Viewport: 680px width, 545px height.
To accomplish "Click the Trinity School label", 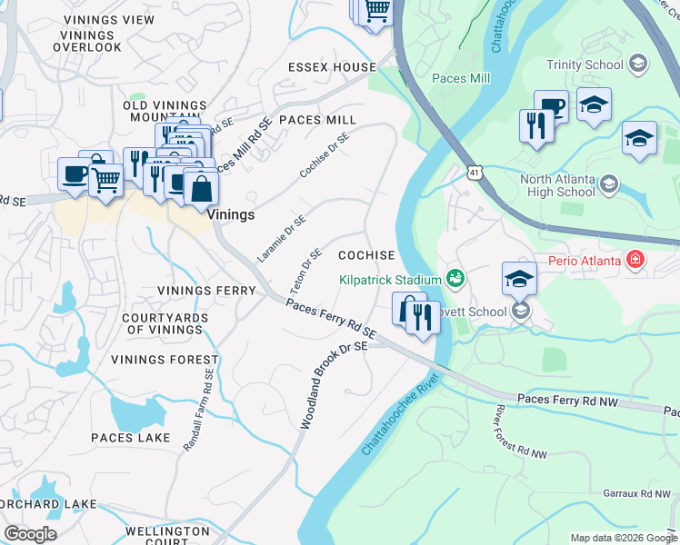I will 585,64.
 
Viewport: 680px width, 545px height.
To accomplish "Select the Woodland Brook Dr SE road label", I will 333,385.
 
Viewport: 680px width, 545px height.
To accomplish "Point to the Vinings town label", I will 230,215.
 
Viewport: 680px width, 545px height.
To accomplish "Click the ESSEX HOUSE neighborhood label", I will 332,67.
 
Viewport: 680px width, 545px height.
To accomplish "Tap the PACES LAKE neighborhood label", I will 130,438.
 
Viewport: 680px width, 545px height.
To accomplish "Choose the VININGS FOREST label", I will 165,360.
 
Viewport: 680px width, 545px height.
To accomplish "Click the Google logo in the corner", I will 29,534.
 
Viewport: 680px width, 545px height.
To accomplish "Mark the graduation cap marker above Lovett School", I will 518,278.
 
